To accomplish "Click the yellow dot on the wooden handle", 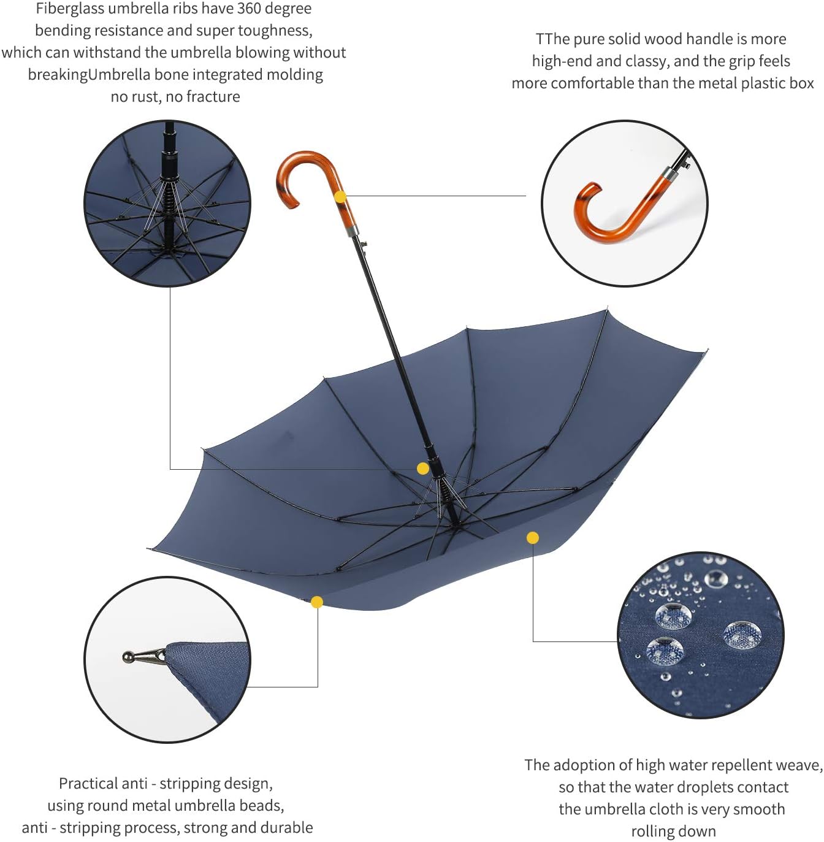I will [340, 197].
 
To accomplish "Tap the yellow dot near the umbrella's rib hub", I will [422, 469].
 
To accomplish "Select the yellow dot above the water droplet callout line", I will [533, 538].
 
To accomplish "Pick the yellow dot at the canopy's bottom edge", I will [317, 602].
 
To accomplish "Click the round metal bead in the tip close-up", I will [129, 657].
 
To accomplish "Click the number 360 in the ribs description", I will [250, 9].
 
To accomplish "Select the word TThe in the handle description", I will [553, 39].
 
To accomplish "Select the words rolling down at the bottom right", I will [673, 832].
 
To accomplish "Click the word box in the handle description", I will [802, 83].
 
